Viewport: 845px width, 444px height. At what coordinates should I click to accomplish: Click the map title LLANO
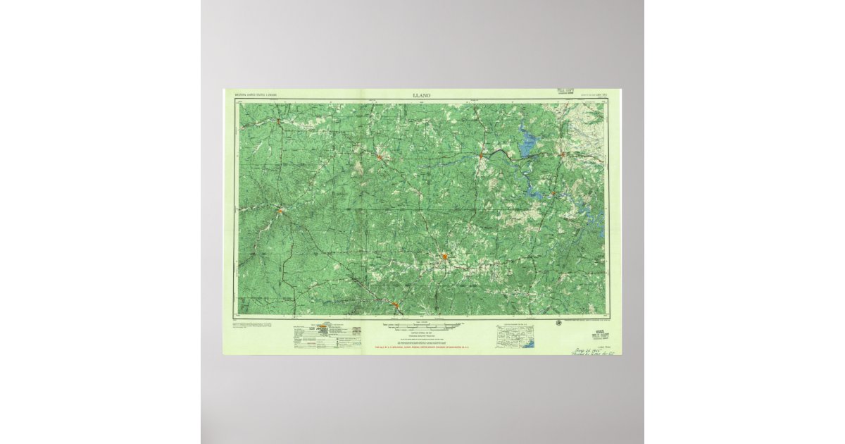click(423, 94)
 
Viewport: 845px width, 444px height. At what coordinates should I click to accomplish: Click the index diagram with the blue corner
click(515, 336)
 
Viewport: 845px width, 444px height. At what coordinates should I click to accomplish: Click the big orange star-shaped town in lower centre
click(445, 257)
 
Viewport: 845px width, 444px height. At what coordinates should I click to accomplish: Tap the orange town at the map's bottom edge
click(396, 305)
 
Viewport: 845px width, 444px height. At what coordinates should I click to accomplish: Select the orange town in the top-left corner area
click(280, 121)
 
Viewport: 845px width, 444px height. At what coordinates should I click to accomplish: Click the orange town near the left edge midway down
click(280, 209)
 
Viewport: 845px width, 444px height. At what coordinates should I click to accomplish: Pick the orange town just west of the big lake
click(480, 155)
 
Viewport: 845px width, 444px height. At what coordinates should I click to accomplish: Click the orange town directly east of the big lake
click(562, 154)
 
